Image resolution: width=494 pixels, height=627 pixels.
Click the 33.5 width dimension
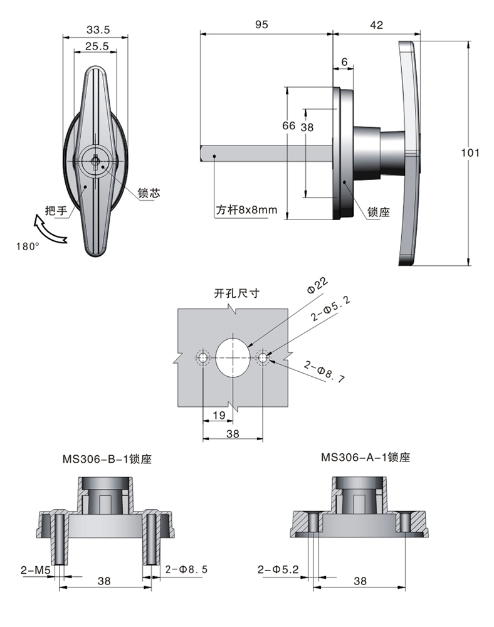click(x=98, y=29)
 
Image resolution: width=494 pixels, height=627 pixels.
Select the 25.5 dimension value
click(x=98, y=46)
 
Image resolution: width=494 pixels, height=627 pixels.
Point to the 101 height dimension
click(x=470, y=152)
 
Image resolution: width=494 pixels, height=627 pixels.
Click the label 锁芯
click(x=149, y=193)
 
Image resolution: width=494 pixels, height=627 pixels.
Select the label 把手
click(x=55, y=210)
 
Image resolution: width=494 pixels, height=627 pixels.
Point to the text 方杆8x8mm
click(x=246, y=210)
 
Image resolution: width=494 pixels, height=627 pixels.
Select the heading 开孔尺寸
click(x=236, y=292)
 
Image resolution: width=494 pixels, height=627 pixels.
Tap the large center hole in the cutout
click(x=233, y=357)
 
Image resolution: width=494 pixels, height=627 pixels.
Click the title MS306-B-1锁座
click(x=107, y=460)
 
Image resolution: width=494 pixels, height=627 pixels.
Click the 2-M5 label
click(x=35, y=570)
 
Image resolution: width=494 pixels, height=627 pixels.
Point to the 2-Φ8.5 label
click(x=186, y=570)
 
